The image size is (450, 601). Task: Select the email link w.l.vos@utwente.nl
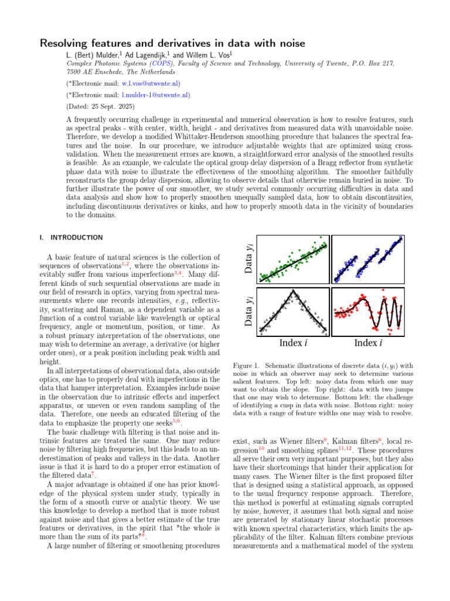click(x=150, y=83)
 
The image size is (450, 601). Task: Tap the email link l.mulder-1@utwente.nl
click(x=155, y=94)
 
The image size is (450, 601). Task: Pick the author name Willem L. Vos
click(x=204, y=55)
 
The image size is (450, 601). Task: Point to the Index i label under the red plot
click(x=369, y=343)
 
